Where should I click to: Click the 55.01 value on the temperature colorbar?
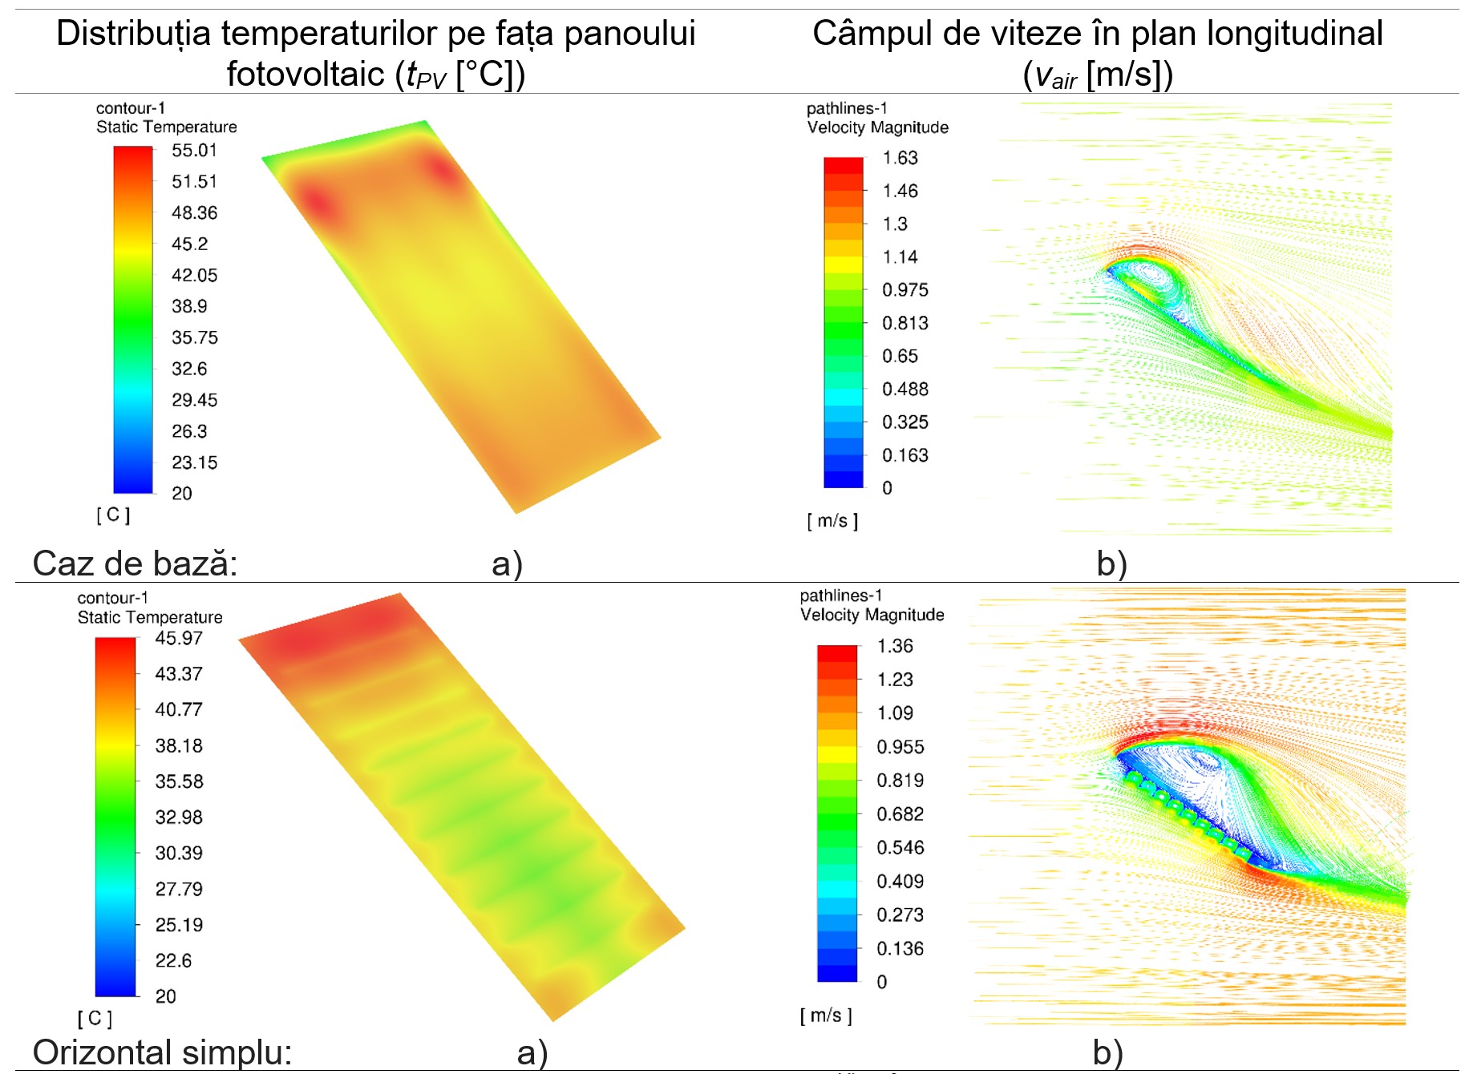(x=194, y=151)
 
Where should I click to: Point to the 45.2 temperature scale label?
(x=189, y=244)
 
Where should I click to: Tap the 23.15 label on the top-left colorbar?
(x=194, y=462)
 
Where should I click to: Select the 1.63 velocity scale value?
(x=900, y=158)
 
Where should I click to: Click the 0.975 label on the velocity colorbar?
(x=904, y=290)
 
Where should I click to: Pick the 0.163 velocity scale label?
(x=904, y=455)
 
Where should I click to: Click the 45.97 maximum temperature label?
(x=179, y=638)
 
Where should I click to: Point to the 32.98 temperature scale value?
(x=179, y=818)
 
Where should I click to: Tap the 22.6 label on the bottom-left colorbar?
(x=173, y=960)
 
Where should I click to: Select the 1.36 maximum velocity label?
(x=895, y=646)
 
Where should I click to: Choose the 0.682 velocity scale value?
(x=900, y=814)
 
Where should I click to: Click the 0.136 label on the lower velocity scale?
(x=900, y=949)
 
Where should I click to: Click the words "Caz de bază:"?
(x=135, y=563)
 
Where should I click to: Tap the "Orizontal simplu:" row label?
(x=162, y=1052)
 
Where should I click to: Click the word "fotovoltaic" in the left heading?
(x=306, y=75)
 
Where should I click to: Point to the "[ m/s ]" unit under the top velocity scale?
(x=832, y=521)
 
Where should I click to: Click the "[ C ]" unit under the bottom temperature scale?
(x=95, y=1018)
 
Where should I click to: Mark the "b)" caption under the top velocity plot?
(x=1111, y=563)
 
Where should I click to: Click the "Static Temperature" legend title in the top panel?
(x=167, y=127)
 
